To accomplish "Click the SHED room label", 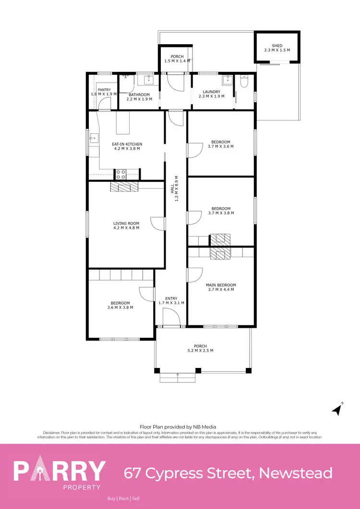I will pyautogui.click(x=277, y=46).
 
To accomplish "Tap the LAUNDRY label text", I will pyautogui.click(x=211, y=92).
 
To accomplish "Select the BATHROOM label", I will pyautogui.click(x=139, y=95).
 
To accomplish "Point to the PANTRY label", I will pyautogui.click(x=104, y=90).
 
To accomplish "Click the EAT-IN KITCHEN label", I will pyautogui.click(x=127, y=144).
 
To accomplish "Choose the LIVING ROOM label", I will pyautogui.click(x=126, y=223).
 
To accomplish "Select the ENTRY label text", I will pyautogui.click(x=171, y=298).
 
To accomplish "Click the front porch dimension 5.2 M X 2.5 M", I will pyautogui.click(x=200, y=351).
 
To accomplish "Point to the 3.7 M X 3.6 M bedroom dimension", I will pyautogui.click(x=221, y=146).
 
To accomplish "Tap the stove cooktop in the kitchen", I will pyautogui.click(x=120, y=175).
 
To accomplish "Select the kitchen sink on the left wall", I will pyautogui.click(x=92, y=140).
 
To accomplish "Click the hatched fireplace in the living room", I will pyautogui.click(x=123, y=187).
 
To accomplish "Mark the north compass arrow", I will pyautogui.click(x=337, y=410).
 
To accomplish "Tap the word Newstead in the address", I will pyautogui.click(x=295, y=473).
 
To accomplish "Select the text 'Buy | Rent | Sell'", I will pyautogui.click(x=123, y=499).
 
